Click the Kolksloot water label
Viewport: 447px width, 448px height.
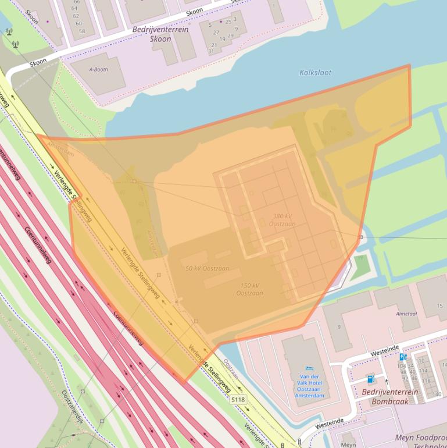point(315,73)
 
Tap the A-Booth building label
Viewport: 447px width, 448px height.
point(98,69)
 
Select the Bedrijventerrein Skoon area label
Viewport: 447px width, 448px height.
point(160,34)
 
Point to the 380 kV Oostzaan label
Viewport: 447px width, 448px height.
point(282,220)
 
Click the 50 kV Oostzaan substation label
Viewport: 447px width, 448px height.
point(207,269)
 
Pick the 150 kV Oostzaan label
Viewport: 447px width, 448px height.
point(249,289)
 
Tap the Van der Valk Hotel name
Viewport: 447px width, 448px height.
point(309,386)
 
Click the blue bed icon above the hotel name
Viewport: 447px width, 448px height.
point(309,368)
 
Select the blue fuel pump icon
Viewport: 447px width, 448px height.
point(370,379)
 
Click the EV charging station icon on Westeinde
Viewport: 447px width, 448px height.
point(403,357)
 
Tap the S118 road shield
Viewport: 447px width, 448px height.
point(238,400)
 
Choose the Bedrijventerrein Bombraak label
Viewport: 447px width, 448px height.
point(389,396)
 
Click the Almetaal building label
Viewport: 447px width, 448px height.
point(406,313)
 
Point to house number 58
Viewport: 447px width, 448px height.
point(82,31)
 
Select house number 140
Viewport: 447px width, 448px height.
point(437,394)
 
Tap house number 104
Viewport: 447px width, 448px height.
point(402,366)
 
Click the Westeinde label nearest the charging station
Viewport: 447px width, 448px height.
point(385,351)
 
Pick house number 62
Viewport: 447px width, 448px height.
point(76,16)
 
